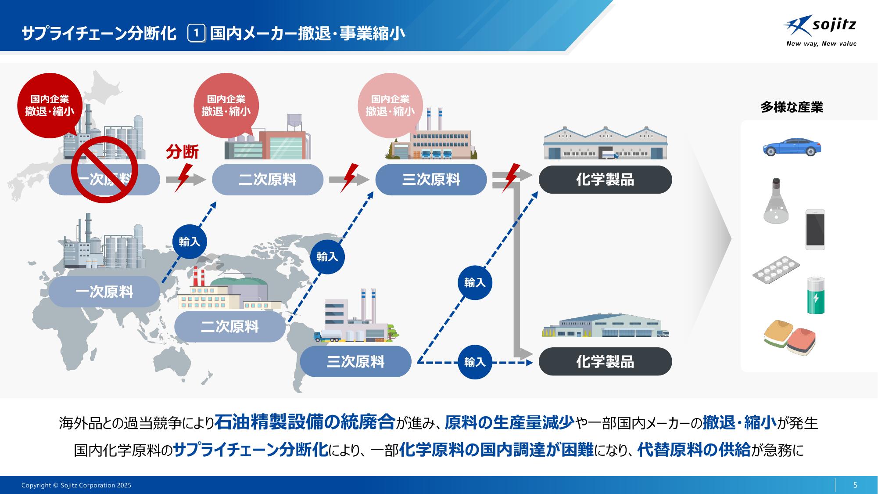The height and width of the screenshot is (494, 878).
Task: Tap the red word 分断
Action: pyautogui.click(x=182, y=152)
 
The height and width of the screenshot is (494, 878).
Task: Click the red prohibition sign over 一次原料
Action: pyautogui.click(x=105, y=169)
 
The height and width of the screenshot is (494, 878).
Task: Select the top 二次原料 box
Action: pyautogui.click(x=267, y=180)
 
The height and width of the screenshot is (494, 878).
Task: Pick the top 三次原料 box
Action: pyautogui.click(x=431, y=180)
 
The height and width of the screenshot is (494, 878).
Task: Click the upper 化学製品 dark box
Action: pyautogui.click(x=605, y=180)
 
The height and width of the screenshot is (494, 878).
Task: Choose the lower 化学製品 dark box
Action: pyautogui.click(x=605, y=362)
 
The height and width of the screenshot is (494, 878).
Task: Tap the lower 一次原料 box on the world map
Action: pyautogui.click(x=104, y=292)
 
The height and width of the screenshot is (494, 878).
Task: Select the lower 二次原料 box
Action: pyautogui.click(x=229, y=327)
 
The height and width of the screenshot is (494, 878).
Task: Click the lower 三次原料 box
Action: pyautogui.click(x=355, y=361)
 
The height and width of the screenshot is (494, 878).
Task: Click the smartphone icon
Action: pyautogui.click(x=815, y=230)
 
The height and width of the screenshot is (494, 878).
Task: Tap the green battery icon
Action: pyautogui.click(x=816, y=296)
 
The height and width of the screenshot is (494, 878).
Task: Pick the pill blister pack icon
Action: pyautogui.click(x=776, y=269)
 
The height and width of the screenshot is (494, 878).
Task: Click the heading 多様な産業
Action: pyautogui.click(x=792, y=108)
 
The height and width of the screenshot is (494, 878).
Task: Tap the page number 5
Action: pyautogui.click(x=855, y=485)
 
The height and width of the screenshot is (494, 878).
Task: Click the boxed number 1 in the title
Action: pyautogui.click(x=197, y=33)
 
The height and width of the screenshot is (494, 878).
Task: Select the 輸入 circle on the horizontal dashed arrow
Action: pyautogui.click(x=475, y=362)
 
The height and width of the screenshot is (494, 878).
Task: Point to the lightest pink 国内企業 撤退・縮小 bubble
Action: pyautogui.click(x=390, y=105)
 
